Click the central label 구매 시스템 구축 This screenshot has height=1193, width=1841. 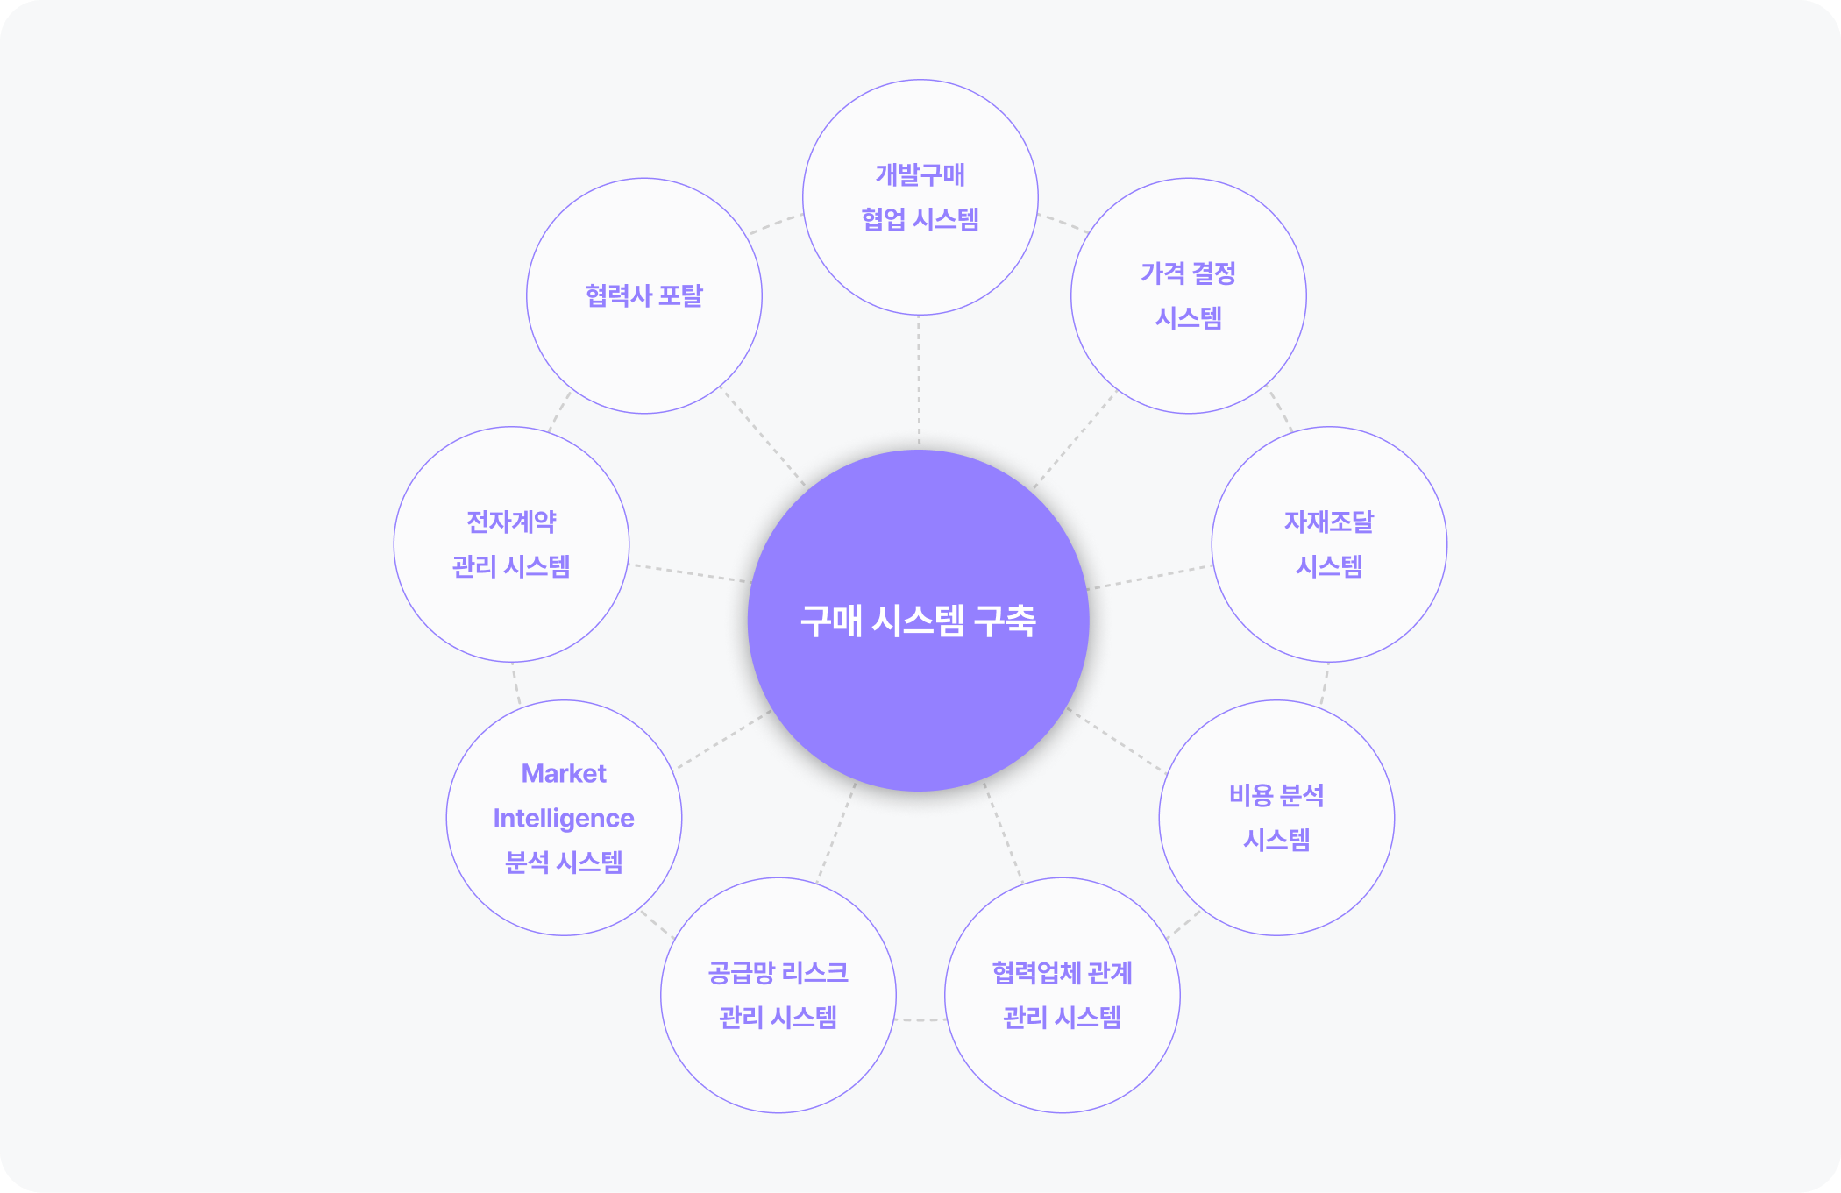(918, 621)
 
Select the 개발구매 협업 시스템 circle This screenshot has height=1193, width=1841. (920, 197)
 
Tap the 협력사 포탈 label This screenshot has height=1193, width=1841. (644, 295)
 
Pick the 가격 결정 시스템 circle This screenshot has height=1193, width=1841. (1189, 295)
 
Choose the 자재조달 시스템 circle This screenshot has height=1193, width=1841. (1329, 544)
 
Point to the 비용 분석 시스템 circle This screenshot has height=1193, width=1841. (1276, 818)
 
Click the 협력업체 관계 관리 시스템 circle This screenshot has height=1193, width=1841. (1063, 995)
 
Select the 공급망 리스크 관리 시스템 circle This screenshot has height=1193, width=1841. (778, 995)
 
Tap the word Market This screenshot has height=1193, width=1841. (564, 773)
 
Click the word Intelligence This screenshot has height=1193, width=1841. (564, 818)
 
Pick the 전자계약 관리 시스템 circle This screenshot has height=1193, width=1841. (511, 544)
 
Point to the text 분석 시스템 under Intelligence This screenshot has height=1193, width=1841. (564, 863)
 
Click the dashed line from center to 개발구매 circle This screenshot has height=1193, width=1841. (919, 382)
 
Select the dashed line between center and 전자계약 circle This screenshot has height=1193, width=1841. (690, 573)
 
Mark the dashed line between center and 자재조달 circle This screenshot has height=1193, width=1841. (1150, 577)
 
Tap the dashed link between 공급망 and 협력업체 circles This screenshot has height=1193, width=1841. (920, 1020)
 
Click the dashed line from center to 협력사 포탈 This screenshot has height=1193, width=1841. (763, 436)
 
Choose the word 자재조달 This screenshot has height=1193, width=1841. (1329, 522)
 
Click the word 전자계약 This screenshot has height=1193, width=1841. (511, 522)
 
